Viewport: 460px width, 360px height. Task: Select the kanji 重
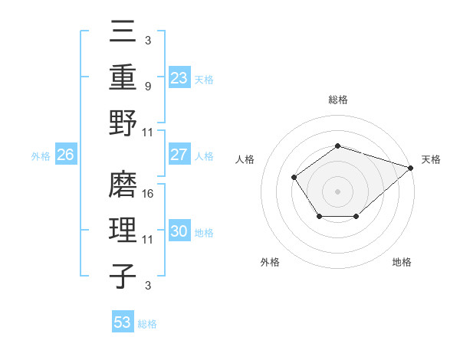tap(124, 78)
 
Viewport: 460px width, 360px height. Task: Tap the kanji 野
tap(124, 123)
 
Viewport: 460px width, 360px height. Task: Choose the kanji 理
tap(124, 231)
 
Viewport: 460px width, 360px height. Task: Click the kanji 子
tap(124, 275)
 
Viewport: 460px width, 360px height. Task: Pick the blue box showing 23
tap(179, 78)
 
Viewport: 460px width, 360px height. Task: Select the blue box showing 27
tap(179, 155)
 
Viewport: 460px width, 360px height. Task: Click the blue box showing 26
tap(66, 155)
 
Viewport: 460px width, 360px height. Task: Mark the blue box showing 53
tap(123, 322)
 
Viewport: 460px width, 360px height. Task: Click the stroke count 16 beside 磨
tap(149, 194)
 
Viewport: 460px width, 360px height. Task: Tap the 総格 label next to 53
tap(147, 324)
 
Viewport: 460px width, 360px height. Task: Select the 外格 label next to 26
tap(41, 156)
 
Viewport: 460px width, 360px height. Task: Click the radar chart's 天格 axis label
tap(431, 159)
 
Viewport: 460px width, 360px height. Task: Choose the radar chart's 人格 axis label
tap(245, 159)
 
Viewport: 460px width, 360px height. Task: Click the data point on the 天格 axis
tap(411, 168)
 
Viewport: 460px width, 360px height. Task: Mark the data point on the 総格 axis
tap(337, 146)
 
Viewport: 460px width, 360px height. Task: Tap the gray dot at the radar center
tap(337, 191)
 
